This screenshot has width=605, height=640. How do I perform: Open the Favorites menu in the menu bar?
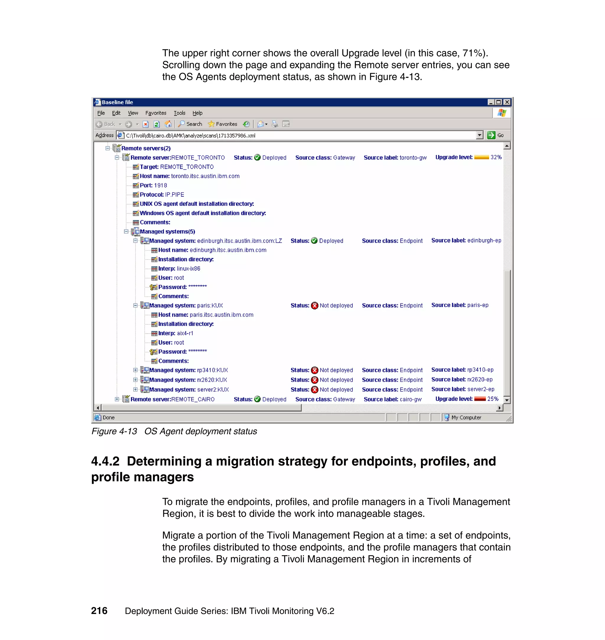pos(156,113)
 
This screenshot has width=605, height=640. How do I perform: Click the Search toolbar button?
pos(190,124)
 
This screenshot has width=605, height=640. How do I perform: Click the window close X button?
pos(507,102)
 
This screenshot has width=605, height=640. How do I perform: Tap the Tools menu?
pos(179,113)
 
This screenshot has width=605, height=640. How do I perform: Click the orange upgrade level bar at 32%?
pos(482,157)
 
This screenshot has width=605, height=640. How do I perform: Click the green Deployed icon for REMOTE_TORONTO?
pos(257,158)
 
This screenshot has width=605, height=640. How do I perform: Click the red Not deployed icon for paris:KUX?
pos(314,306)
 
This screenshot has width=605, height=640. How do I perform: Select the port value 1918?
pos(160,185)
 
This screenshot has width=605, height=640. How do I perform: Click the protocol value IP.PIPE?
pos(175,195)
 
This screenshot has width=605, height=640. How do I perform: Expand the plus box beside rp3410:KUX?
pos(136,370)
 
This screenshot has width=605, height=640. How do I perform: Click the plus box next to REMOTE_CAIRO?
pos(117,399)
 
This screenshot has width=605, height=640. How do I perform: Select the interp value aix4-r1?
pos(185,333)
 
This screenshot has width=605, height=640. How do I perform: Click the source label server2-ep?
pos(481,389)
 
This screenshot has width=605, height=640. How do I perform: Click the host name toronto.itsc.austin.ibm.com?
pos(205,176)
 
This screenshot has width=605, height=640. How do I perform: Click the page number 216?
pos(99,611)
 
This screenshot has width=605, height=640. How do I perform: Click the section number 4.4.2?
pos(105,461)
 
